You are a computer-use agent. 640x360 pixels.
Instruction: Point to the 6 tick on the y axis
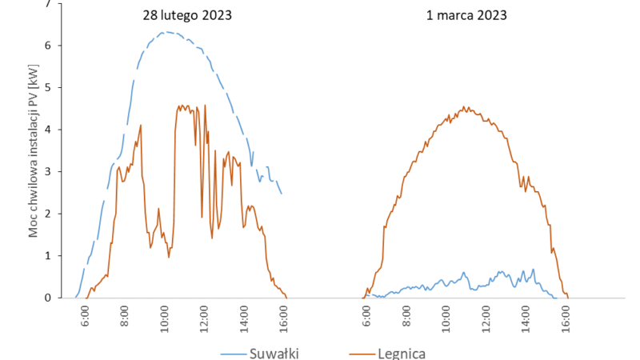48,46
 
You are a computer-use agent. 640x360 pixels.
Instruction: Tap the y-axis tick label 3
48,171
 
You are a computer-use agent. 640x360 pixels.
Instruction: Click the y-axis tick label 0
48,298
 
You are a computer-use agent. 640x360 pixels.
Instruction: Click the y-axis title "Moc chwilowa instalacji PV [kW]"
33,152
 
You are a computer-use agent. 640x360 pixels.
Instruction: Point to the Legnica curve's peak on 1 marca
466,107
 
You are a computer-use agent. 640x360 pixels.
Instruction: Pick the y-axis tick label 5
48,87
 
